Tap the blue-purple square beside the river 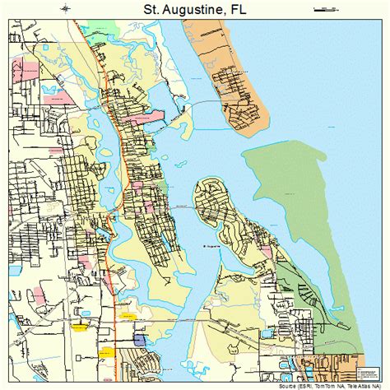click(138, 339)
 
